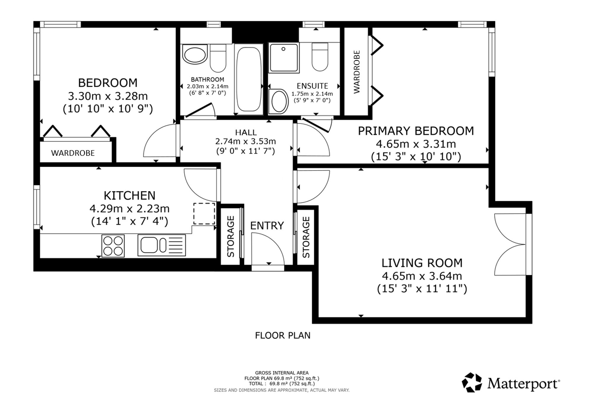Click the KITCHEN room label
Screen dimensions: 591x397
[x=129, y=196]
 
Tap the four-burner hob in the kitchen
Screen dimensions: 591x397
[x=113, y=246]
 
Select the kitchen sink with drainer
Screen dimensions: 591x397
[x=162, y=245]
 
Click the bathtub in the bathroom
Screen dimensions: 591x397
[x=249, y=79]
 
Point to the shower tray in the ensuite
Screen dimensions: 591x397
[x=284, y=58]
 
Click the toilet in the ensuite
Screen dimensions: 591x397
[x=320, y=57]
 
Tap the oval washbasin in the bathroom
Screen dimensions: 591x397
[x=194, y=54]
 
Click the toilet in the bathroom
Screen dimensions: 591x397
[x=218, y=58]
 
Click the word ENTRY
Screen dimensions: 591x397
[x=267, y=226]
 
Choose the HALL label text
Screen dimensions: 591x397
[x=246, y=132]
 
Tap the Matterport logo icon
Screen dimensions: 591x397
[x=472, y=383]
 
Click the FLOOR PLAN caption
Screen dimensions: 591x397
[x=283, y=335]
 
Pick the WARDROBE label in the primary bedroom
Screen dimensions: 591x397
[x=357, y=72]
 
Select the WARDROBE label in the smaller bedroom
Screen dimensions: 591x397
[x=73, y=153]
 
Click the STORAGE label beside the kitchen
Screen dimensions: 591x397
[x=231, y=237]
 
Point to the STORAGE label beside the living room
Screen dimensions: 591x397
[x=306, y=237]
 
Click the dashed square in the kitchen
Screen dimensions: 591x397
[x=204, y=214]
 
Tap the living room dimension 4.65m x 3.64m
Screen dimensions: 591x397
[x=422, y=276]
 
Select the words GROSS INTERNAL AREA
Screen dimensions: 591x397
[x=282, y=373]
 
